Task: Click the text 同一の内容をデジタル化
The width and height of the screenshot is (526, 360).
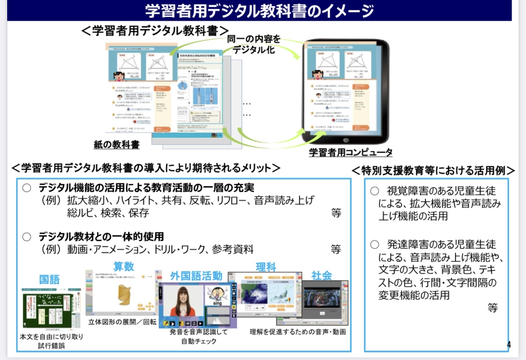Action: pyautogui.click(x=253, y=44)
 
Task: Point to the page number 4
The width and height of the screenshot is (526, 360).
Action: pyautogui.click(x=508, y=345)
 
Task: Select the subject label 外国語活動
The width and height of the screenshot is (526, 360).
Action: pyautogui.click(x=196, y=276)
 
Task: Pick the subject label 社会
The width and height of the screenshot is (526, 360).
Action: pyautogui.click(x=321, y=275)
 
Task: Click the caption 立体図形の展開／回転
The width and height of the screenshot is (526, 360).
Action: pyautogui.click(x=122, y=322)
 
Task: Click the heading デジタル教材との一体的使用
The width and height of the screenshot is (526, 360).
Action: pyautogui.click(x=101, y=237)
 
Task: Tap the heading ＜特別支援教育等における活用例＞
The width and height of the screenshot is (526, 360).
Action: pyautogui.click(x=433, y=171)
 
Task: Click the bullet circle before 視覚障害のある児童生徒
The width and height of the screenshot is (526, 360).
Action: pyautogui.click(x=374, y=191)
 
